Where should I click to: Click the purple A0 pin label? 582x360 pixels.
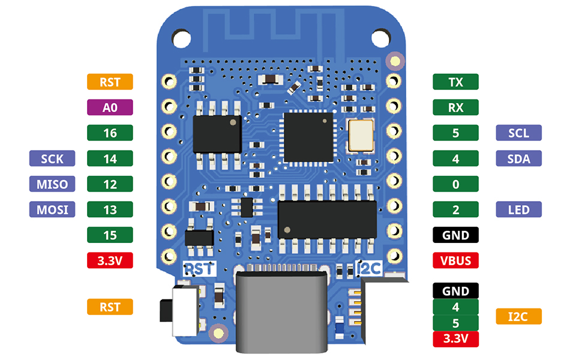click(x=110, y=107)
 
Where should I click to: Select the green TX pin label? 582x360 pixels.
click(x=455, y=82)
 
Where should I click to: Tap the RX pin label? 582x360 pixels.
click(x=455, y=107)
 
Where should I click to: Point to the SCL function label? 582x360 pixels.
click(x=519, y=133)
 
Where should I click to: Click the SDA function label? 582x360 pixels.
click(x=519, y=158)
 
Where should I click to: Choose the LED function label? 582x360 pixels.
click(x=519, y=209)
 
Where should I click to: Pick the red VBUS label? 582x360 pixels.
click(x=455, y=260)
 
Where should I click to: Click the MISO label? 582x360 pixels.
click(x=52, y=184)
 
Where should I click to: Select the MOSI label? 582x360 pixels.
click(x=52, y=209)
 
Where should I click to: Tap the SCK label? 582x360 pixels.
click(x=52, y=158)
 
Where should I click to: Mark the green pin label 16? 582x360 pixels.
click(x=110, y=133)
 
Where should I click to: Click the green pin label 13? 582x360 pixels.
click(x=110, y=209)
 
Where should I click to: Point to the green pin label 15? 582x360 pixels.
click(x=110, y=235)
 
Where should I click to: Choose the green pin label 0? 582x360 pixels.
click(x=455, y=184)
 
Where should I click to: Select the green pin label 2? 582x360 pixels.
click(x=455, y=209)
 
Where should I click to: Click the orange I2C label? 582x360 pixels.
click(x=519, y=316)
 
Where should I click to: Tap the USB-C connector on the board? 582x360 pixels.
click(x=283, y=309)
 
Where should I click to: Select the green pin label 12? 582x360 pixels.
click(x=110, y=184)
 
